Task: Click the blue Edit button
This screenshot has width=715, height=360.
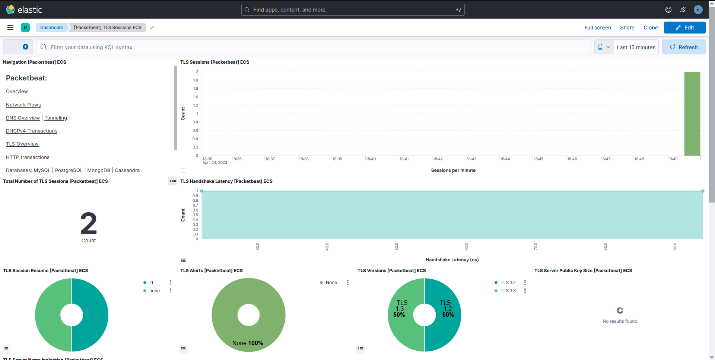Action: [684, 28]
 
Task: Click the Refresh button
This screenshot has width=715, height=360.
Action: [684, 47]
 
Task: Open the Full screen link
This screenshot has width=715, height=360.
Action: [597, 28]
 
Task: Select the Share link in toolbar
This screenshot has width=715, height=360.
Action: [627, 28]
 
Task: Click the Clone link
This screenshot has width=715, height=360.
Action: [650, 28]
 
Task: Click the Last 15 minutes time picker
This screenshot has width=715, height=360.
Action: [636, 47]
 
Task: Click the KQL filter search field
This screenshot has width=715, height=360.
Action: [313, 47]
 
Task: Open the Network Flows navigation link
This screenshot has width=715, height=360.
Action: [23, 105]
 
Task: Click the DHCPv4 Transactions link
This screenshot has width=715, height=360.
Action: [32, 131]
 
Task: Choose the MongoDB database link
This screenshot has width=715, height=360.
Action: [99, 171]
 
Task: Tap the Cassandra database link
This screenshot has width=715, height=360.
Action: [127, 171]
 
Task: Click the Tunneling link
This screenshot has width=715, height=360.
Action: [56, 118]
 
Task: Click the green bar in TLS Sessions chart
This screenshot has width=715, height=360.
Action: [692, 114]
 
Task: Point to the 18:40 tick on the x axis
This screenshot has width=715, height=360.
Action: [371, 159]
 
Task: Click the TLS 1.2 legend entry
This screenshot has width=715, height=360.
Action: [508, 283]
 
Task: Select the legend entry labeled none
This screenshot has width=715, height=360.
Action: [154, 291]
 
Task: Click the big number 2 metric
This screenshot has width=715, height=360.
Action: [89, 223]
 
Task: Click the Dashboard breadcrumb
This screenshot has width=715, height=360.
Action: [52, 28]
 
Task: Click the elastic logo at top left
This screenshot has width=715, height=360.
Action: [24, 10]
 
